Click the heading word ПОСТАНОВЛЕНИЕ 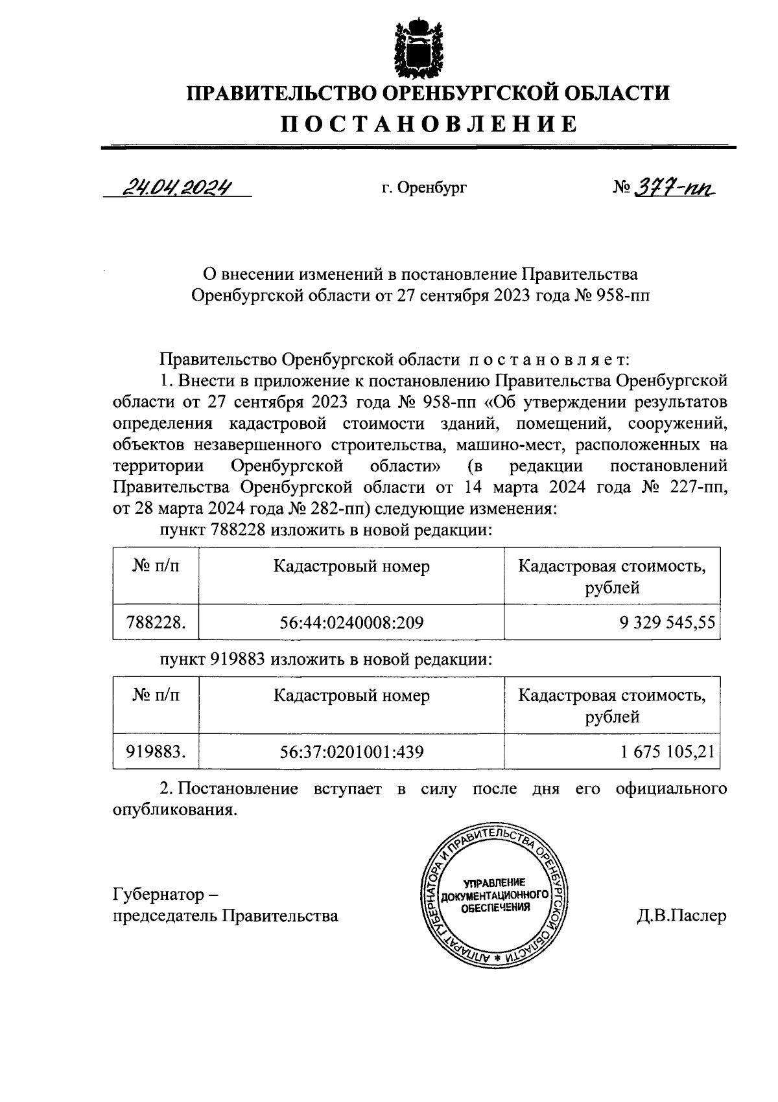(x=429, y=123)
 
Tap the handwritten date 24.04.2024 (x=176, y=187)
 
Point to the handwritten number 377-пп (x=671, y=188)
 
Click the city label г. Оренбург (x=423, y=189)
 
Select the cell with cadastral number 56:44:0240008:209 (x=351, y=623)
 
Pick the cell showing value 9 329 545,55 (x=667, y=623)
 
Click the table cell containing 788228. (x=156, y=623)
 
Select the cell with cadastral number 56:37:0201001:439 (x=351, y=752)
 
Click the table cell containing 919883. (x=156, y=752)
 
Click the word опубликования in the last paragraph (x=172, y=810)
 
